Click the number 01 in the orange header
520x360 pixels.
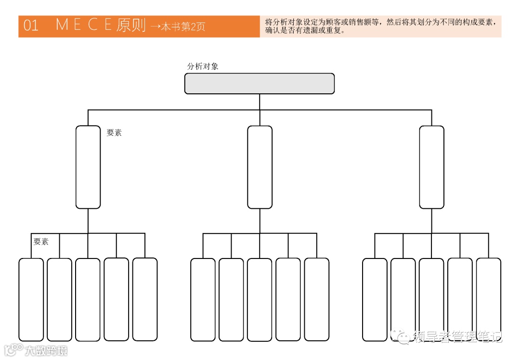click(31, 26)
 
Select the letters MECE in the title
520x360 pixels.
click(84, 25)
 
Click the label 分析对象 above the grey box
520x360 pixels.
click(202, 66)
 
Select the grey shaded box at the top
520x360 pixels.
click(260, 83)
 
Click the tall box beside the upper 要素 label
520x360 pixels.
click(88, 167)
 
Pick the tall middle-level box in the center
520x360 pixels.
click(260, 167)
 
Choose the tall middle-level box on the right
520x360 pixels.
click(431, 167)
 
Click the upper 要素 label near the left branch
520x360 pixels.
click(114, 133)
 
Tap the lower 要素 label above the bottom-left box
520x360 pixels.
click(41, 242)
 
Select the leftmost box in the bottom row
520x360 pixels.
click(31, 299)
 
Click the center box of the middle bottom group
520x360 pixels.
click(260, 299)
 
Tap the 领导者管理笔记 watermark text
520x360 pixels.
click(457, 337)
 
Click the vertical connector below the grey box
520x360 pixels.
click(260, 102)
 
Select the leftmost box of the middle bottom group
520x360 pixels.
click(203, 299)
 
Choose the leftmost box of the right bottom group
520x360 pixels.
click(375, 299)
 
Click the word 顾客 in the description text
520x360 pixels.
click(334, 22)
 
